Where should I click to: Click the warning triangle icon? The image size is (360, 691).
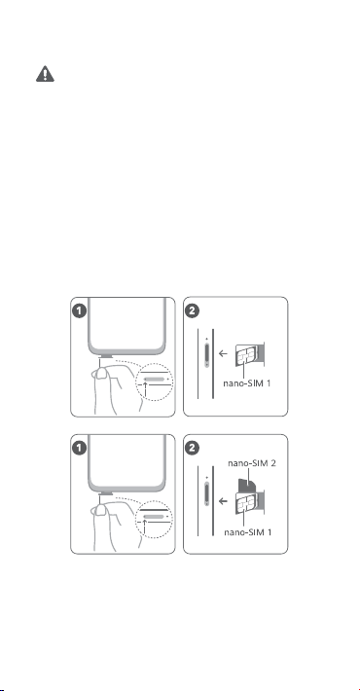(45, 74)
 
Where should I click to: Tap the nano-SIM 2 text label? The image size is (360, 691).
(252, 463)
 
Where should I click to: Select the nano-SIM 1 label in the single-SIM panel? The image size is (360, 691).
(247, 382)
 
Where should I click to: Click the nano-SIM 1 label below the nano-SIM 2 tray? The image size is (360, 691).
(248, 532)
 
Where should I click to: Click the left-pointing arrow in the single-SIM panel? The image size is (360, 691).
(224, 353)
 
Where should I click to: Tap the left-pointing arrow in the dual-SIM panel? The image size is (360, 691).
(224, 501)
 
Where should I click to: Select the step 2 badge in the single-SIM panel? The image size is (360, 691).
(192, 310)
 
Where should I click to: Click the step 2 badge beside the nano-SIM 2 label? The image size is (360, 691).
(192, 449)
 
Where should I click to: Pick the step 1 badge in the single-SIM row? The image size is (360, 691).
(80, 310)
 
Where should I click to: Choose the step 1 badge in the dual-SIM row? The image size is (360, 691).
(80, 449)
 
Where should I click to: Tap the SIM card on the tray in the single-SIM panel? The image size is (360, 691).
(246, 355)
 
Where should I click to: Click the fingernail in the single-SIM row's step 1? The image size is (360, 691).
(102, 374)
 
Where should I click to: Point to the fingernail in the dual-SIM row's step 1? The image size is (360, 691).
(102, 511)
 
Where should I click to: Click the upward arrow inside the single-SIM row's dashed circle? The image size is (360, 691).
(145, 390)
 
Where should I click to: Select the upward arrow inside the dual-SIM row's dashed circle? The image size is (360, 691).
(145, 527)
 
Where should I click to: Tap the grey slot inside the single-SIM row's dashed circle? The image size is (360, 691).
(155, 379)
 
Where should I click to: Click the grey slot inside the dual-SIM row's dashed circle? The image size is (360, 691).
(155, 516)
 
